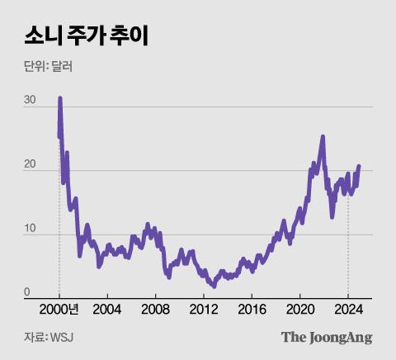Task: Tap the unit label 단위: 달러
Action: (x=48, y=67)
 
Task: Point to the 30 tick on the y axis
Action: (x=31, y=101)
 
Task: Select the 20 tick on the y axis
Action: (x=31, y=165)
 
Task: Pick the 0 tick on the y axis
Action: (x=27, y=291)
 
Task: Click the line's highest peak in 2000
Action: (x=59, y=98)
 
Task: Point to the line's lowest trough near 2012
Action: (x=214, y=286)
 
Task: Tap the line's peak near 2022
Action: (x=323, y=137)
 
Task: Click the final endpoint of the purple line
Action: (x=359, y=166)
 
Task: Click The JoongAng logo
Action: (x=327, y=337)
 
